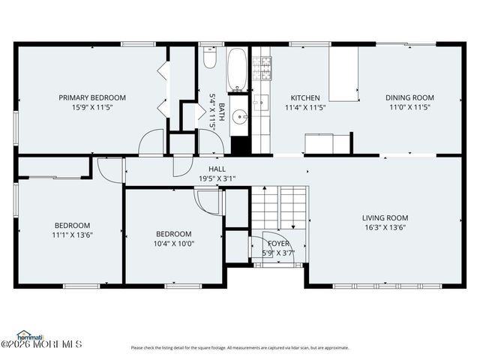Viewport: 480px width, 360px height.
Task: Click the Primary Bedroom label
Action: coord(92,97)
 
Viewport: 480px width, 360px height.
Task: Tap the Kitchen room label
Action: coord(305,97)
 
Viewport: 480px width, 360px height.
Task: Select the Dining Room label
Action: coord(409,97)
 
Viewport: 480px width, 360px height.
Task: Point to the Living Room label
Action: coord(385,217)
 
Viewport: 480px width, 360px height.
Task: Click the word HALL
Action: coord(217,169)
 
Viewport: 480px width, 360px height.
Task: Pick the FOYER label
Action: coord(278,244)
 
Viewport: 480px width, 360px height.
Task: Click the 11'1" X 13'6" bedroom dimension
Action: coord(72,235)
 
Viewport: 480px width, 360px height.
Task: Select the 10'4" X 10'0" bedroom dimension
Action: coord(173,243)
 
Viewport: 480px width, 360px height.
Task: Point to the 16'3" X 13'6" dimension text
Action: coord(385,227)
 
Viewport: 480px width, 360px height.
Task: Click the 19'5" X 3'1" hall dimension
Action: coord(217,178)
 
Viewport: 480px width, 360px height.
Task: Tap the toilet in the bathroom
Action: coord(210,58)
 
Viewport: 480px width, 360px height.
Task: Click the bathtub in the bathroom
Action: coord(237,69)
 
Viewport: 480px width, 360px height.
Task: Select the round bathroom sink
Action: coord(238,116)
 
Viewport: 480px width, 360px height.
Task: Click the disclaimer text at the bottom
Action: coord(240,347)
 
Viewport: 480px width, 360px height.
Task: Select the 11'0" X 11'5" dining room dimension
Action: coord(409,107)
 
